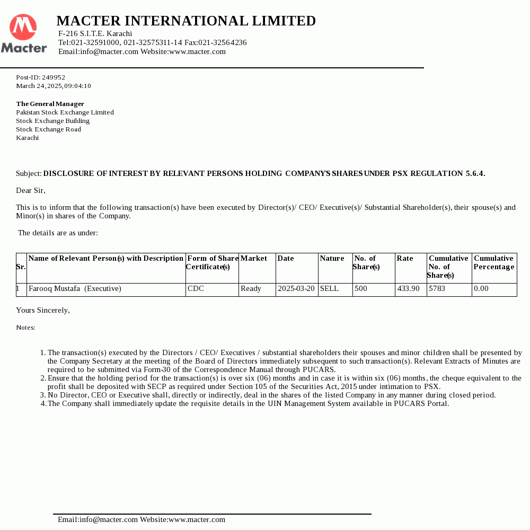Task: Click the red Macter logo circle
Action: coord(23,27)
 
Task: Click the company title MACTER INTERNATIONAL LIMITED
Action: coord(186,21)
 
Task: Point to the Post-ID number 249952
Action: coord(54,77)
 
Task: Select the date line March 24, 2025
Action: coord(53,86)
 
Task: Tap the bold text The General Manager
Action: coord(50,104)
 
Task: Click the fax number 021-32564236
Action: coord(223,42)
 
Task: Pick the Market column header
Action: coord(253,259)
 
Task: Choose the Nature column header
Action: coord(332,259)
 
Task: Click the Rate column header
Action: coord(404,259)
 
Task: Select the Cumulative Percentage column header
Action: coord(493,263)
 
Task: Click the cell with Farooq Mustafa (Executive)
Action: coord(75,289)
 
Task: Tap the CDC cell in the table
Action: coord(196,289)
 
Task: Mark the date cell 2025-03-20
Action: coord(296,289)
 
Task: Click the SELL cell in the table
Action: coord(329,289)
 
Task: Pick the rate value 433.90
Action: coord(408,289)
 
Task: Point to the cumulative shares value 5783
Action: coord(437,289)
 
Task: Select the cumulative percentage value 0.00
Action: coord(481,289)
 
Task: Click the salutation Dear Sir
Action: coord(31,190)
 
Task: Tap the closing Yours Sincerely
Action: coord(43,310)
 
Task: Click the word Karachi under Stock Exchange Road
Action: coord(27,138)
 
